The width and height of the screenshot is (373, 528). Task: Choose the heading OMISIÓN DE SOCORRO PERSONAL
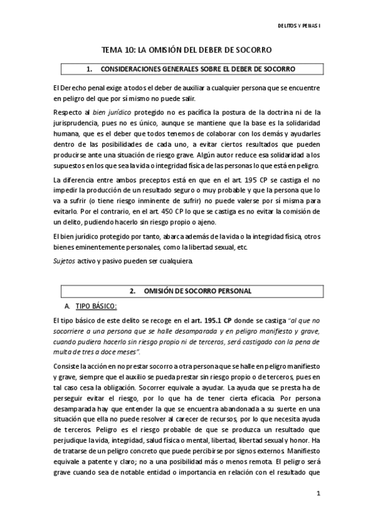pos(198,291)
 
